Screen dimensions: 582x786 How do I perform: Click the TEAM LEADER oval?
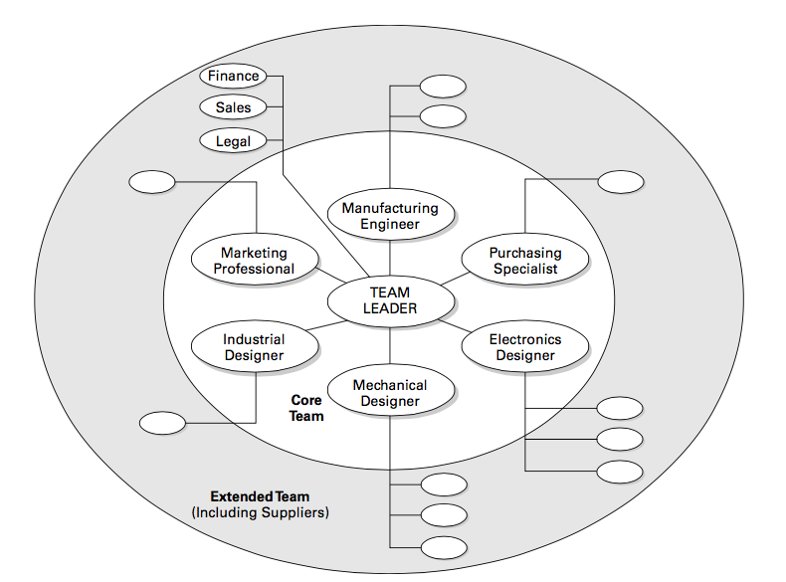[x=390, y=300]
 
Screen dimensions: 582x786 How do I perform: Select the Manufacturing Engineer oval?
[x=390, y=216]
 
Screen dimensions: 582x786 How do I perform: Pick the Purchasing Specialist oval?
[x=525, y=261]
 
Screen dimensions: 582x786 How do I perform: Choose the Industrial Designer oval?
[x=254, y=347]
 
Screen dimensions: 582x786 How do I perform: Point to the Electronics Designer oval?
[x=525, y=347]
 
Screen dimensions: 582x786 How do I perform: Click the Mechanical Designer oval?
[x=390, y=393]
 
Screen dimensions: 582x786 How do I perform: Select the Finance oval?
[x=232, y=76]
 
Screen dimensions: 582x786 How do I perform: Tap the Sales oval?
[x=233, y=106]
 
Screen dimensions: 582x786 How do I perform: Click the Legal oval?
[x=233, y=140]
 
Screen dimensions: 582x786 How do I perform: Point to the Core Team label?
[x=306, y=408]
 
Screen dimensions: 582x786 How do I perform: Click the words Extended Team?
[x=260, y=496]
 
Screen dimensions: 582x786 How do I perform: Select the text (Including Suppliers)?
[x=260, y=513]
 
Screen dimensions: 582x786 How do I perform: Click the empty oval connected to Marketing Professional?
[x=152, y=182]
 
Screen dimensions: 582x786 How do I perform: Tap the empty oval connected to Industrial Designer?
[x=162, y=423]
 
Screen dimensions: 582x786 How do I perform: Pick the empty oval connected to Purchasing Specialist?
[x=620, y=182]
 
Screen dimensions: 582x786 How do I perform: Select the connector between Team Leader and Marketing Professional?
[x=331, y=275]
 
